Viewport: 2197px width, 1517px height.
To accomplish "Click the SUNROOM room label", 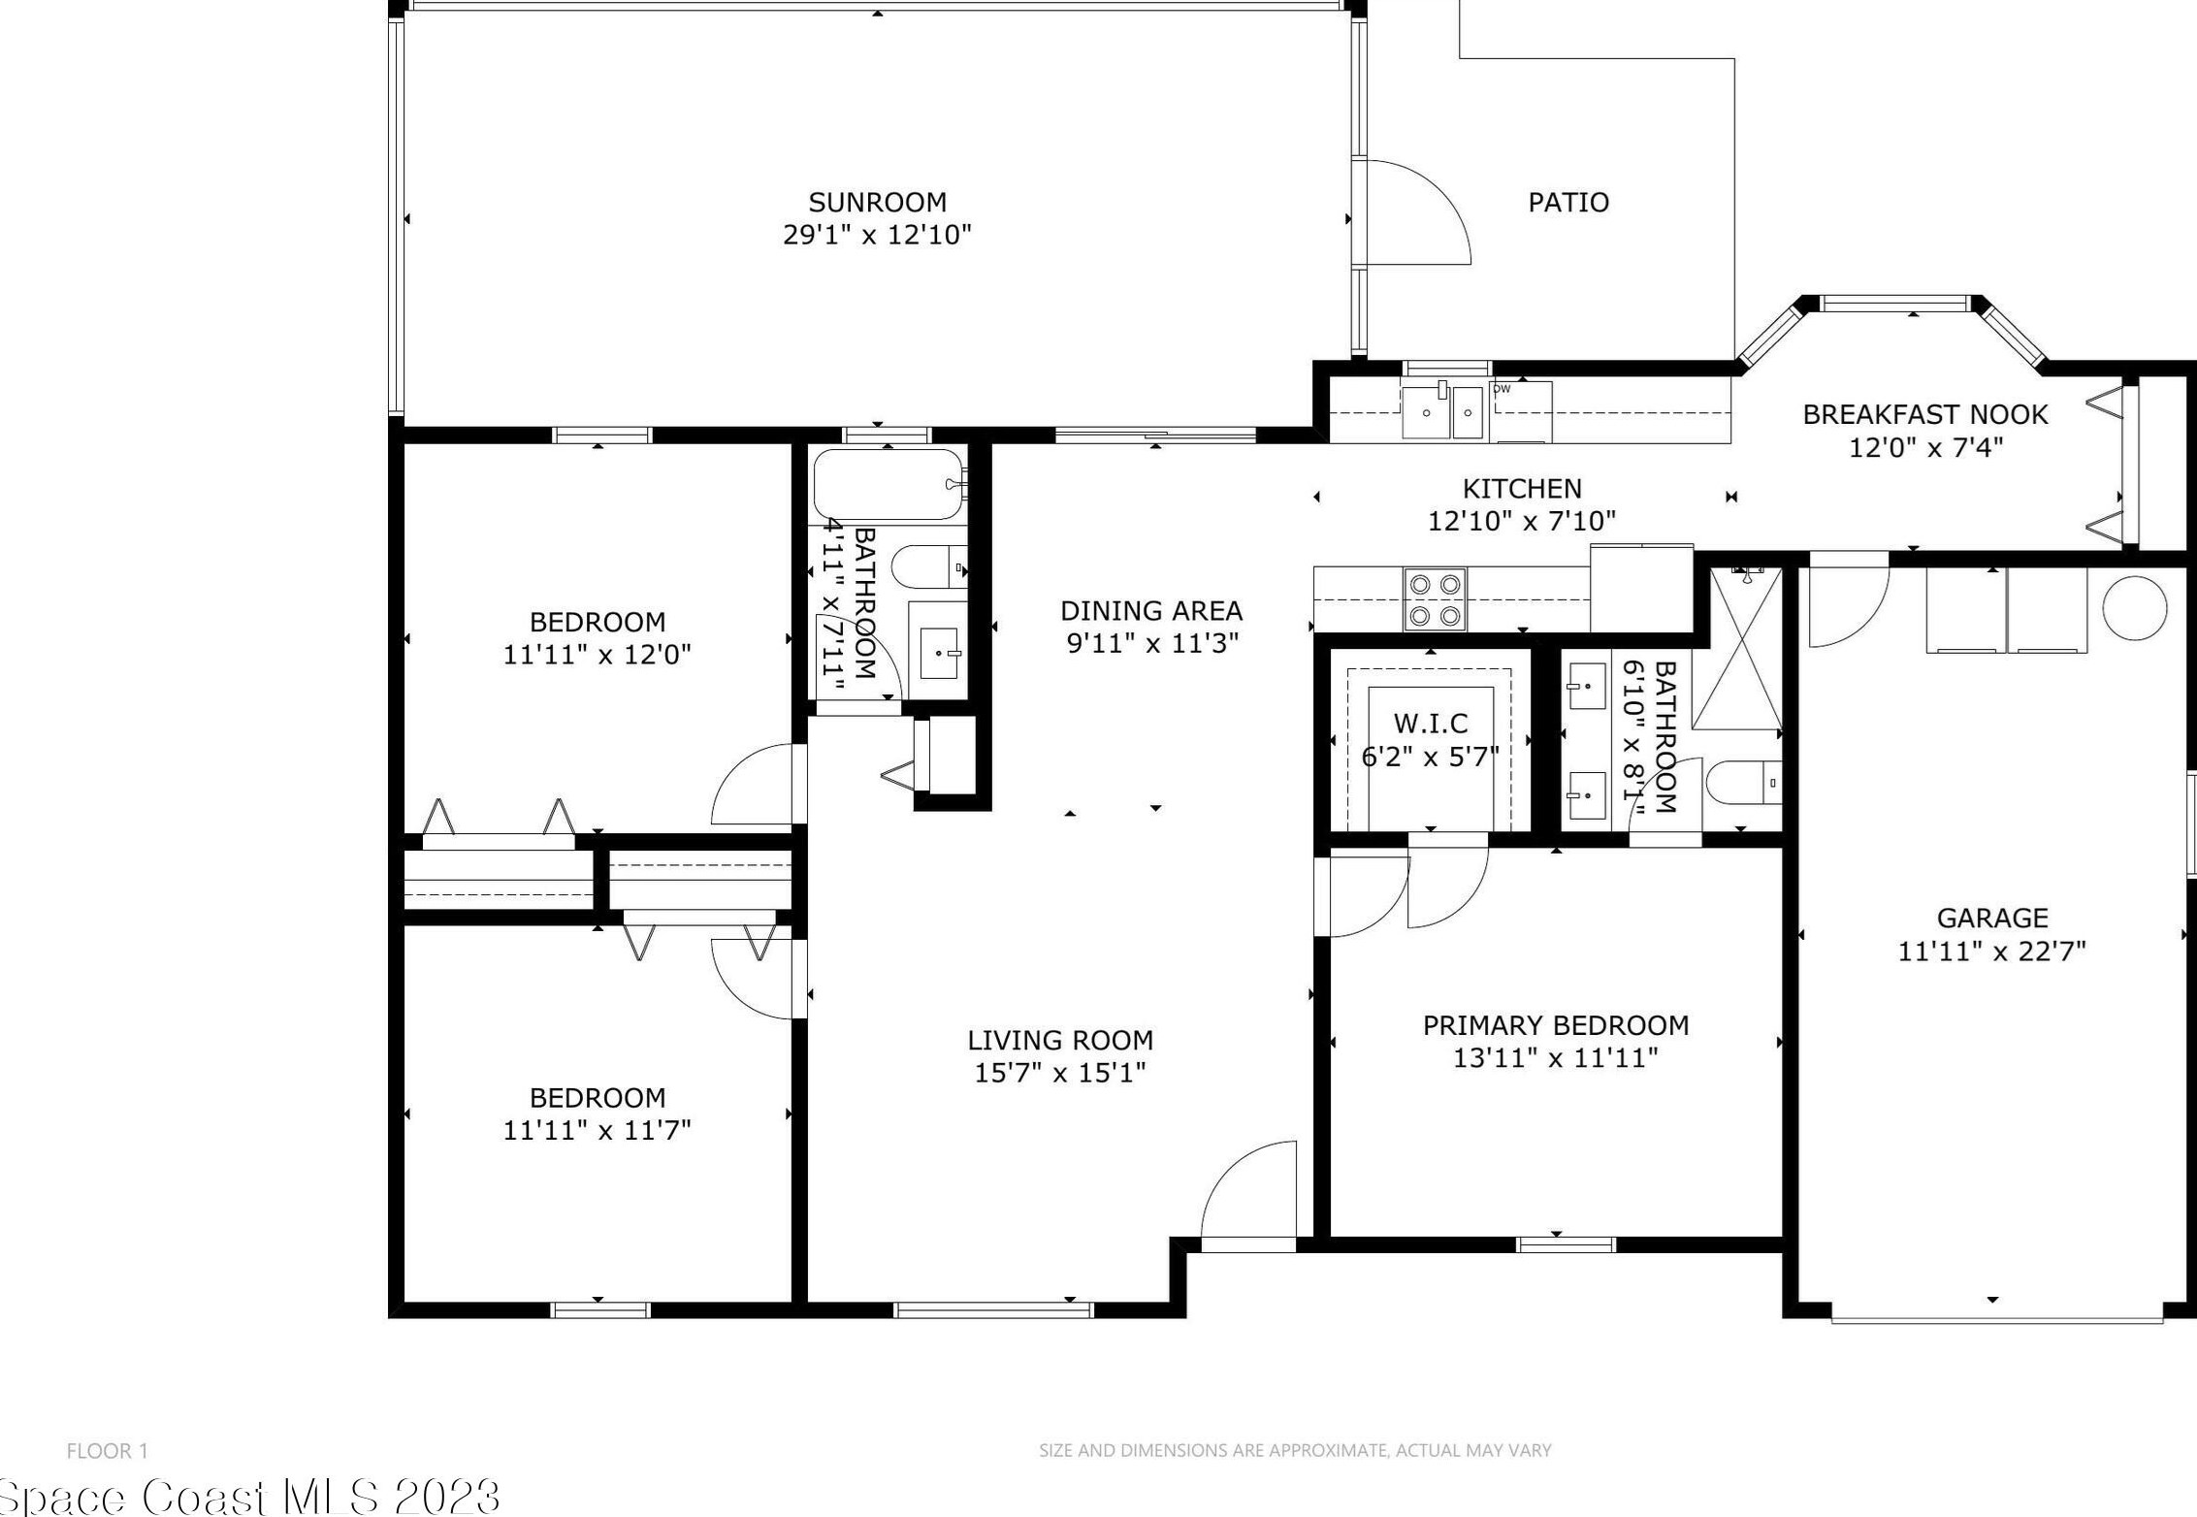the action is [878, 202].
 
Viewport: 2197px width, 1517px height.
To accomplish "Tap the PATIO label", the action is [1568, 202].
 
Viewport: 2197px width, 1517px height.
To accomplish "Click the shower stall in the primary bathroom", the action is [1737, 648].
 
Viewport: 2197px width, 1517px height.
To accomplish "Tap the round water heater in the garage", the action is [2135, 608].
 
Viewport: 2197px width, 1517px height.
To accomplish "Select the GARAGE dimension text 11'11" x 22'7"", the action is [1991, 952].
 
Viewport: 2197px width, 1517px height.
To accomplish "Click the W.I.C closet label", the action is [1431, 723].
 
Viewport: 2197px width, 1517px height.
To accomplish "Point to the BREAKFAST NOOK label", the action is [1924, 414].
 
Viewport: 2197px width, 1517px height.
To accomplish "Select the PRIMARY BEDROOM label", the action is [1556, 1025].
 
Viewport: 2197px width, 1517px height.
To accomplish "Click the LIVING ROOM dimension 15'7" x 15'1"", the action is [1060, 1073].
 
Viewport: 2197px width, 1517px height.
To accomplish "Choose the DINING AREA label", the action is [1151, 610].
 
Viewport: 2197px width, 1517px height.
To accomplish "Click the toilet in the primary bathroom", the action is [1744, 782].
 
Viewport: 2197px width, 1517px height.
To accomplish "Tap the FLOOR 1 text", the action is [107, 1451].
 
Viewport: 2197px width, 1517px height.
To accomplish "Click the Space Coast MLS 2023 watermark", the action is [250, 1496].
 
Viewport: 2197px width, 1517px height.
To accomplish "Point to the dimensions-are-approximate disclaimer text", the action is [1295, 1451].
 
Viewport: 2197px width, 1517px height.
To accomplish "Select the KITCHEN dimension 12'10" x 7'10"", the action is [1522, 522].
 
